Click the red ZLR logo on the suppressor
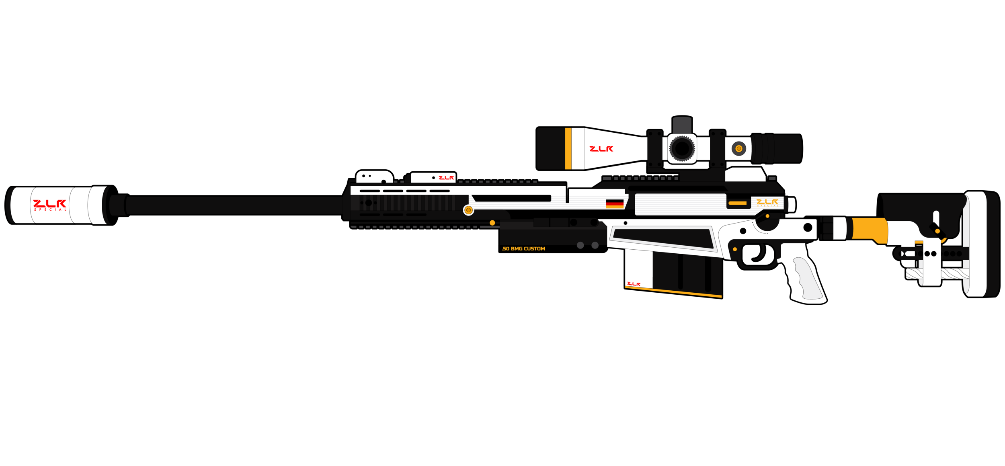[49, 204]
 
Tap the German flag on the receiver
[615, 203]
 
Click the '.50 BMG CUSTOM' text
[523, 249]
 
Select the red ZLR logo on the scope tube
[601, 149]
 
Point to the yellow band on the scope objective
[568, 148]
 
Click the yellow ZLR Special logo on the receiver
[767, 202]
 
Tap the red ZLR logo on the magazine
[634, 284]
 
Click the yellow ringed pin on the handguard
[468, 210]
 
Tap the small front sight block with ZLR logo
[433, 177]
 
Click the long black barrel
[233, 205]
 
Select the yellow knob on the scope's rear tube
[738, 148]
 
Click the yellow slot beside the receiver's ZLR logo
[737, 203]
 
